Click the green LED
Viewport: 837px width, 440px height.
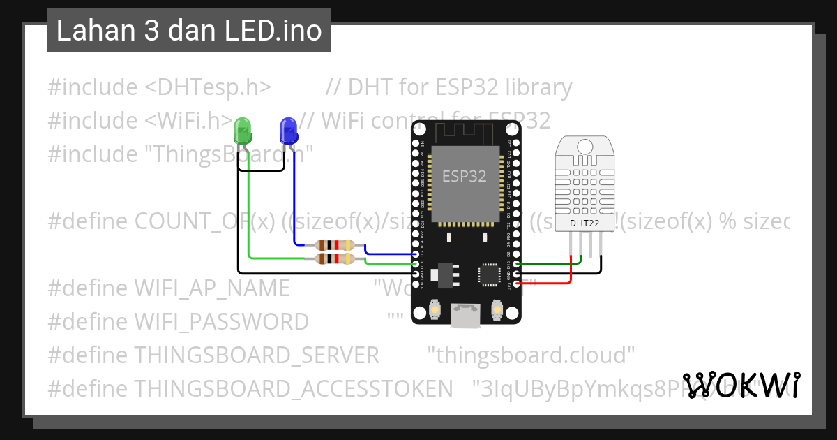click(243, 131)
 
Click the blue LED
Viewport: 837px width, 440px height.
click(288, 130)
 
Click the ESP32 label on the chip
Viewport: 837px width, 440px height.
click(465, 176)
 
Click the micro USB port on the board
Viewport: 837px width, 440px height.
click(465, 316)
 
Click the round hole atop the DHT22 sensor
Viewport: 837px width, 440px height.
click(585, 145)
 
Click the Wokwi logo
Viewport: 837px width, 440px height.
click(741, 386)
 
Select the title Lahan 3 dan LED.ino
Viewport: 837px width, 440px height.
click(188, 31)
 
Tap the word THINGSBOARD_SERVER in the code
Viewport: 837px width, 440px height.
click(257, 355)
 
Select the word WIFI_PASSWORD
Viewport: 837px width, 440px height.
click(221, 322)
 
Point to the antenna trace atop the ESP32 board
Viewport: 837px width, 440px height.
click(465, 130)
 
